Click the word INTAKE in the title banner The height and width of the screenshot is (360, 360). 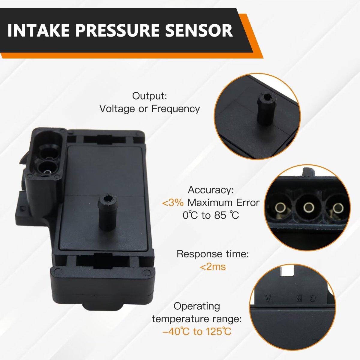[39, 30]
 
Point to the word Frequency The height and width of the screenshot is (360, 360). [175, 109]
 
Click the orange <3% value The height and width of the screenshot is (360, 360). [173, 203]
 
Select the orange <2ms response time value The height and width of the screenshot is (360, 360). [213, 267]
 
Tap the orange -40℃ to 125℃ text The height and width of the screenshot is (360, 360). [197, 331]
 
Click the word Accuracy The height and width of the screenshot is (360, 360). [211, 190]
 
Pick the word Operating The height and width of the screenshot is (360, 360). [197, 306]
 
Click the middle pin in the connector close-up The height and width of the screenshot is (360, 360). [309, 207]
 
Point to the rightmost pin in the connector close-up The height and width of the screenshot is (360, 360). [338, 208]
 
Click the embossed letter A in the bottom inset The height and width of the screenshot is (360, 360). [268, 298]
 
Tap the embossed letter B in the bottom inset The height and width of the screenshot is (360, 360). [299, 298]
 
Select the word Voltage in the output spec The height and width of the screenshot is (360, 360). [117, 109]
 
